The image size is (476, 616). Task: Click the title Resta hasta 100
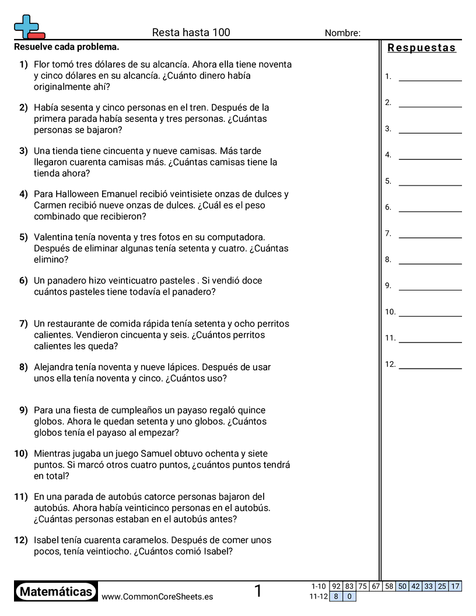[191, 33]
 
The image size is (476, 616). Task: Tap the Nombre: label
[342, 33]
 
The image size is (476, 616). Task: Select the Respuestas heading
[422, 48]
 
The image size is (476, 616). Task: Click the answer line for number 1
[430, 79]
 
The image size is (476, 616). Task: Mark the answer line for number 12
[430, 367]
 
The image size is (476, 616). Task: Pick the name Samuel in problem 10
[167, 454]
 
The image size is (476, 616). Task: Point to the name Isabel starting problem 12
[46, 540]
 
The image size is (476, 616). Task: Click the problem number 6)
[23, 281]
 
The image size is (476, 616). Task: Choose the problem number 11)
[21, 497]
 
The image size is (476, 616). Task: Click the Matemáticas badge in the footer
[56, 592]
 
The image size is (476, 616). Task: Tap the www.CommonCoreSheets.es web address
[157, 597]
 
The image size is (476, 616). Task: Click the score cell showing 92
[336, 586]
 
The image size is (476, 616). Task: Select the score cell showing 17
[455, 586]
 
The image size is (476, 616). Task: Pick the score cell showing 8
[336, 596]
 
